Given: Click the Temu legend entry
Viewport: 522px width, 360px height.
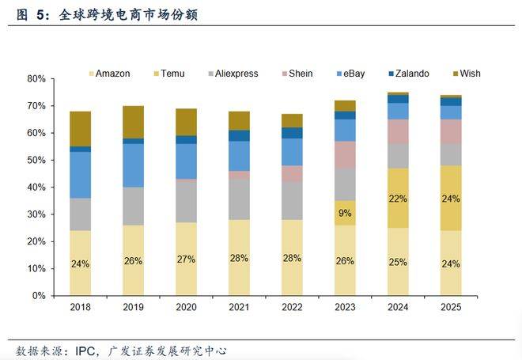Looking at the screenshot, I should [172, 74].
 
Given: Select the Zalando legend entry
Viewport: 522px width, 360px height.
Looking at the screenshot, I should [409, 74].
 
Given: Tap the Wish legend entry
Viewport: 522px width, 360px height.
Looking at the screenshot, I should [468, 74].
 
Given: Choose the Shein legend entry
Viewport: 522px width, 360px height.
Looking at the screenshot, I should [300, 74].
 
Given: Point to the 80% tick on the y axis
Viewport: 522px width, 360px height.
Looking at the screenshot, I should [36, 79].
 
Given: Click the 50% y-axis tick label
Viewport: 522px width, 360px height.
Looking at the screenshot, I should [36, 161].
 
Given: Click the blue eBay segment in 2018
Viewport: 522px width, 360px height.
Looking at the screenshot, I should [81, 174].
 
